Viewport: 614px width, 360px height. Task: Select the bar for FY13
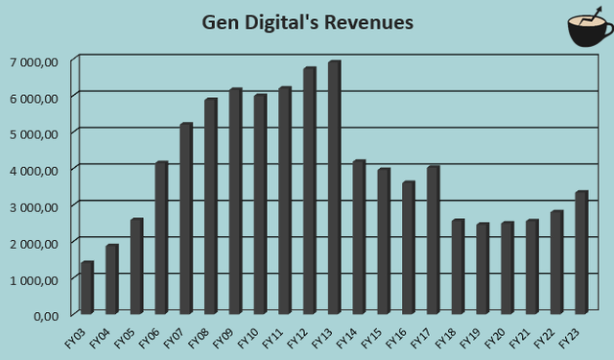click(x=334, y=187)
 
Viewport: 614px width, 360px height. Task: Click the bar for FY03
click(x=86, y=287)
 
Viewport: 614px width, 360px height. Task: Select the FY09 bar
click(x=235, y=201)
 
